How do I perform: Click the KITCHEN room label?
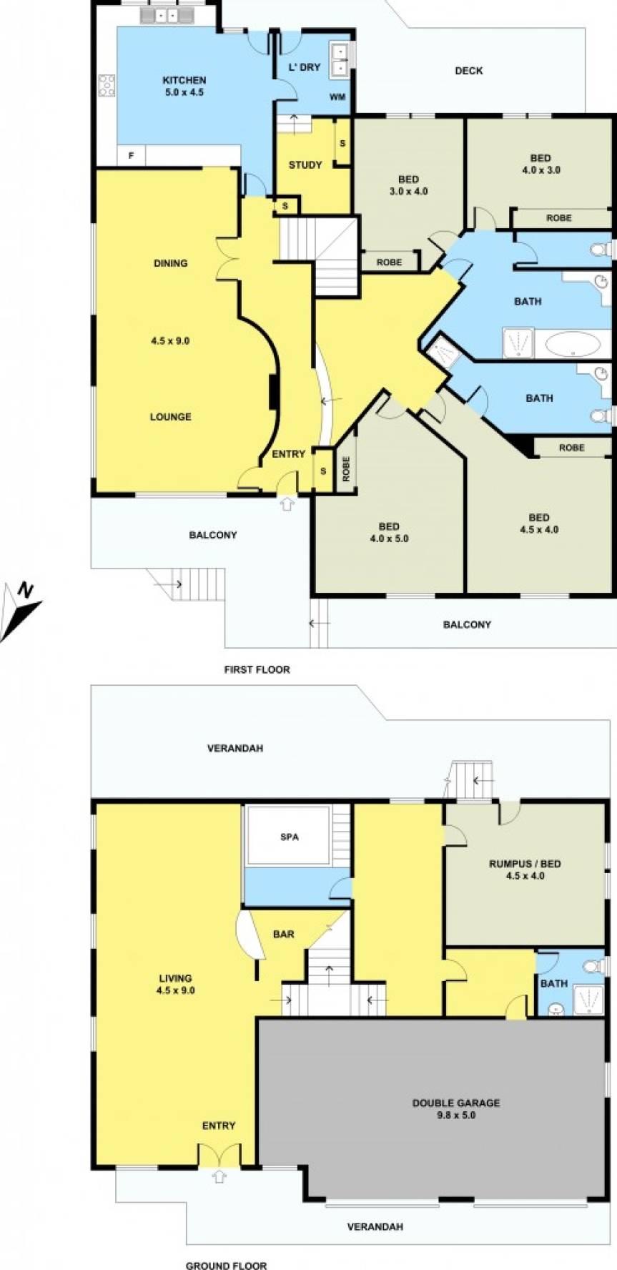tap(184, 81)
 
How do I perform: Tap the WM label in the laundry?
tap(336, 97)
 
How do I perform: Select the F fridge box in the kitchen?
tap(131, 155)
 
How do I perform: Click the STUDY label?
tap(305, 165)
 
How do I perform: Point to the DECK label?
tap(468, 71)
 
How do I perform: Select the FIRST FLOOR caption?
tap(257, 670)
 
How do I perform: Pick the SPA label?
tap(290, 837)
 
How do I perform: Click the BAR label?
tap(284, 934)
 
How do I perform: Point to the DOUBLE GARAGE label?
tap(455, 1103)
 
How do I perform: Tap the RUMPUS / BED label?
tap(525, 864)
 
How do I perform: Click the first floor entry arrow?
tap(287, 503)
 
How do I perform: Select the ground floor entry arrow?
tap(219, 1176)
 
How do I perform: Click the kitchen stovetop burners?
tap(107, 85)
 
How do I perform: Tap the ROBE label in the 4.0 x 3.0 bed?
tap(558, 218)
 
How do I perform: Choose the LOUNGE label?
tap(170, 417)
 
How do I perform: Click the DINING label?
tap(170, 263)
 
